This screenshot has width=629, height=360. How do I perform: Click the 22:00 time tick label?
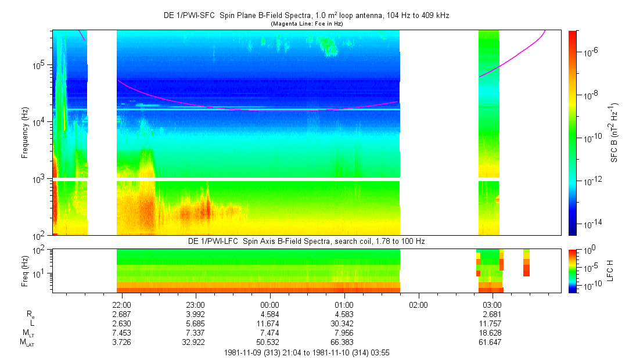pyautogui.click(x=121, y=304)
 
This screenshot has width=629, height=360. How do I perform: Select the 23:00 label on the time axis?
pyautogui.click(x=196, y=304)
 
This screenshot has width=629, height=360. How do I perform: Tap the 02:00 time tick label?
pyautogui.click(x=418, y=304)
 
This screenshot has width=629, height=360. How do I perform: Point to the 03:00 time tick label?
pyautogui.click(x=493, y=304)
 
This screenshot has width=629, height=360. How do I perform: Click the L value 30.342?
pyautogui.click(x=344, y=323)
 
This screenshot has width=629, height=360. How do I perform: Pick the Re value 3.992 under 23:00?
pyautogui.click(x=196, y=314)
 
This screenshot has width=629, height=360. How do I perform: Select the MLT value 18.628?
pyautogui.click(x=493, y=333)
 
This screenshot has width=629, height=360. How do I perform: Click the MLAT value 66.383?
pyautogui.click(x=344, y=342)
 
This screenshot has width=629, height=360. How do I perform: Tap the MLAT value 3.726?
pyautogui.click(x=121, y=342)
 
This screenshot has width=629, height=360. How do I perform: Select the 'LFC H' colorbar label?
pyautogui.click(x=610, y=270)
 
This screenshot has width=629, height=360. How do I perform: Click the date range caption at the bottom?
pyautogui.click(x=307, y=352)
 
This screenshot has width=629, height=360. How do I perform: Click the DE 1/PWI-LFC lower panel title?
pyautogui.click(x=308, y=241)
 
